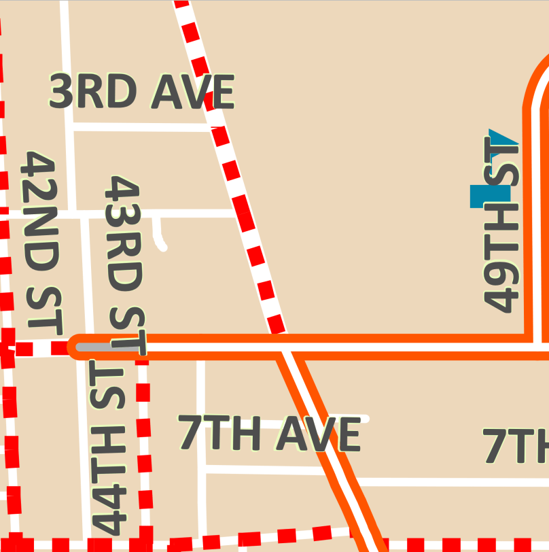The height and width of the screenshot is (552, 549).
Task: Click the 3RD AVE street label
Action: coord(142,92)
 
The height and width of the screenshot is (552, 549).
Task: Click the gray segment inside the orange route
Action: coord(99,347)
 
